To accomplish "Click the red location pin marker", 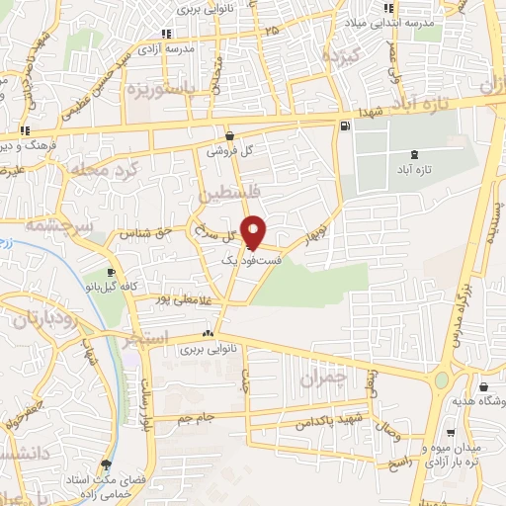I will pos(253,232).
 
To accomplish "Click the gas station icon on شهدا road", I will pos(344,126).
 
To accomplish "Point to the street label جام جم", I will pos(196,418).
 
